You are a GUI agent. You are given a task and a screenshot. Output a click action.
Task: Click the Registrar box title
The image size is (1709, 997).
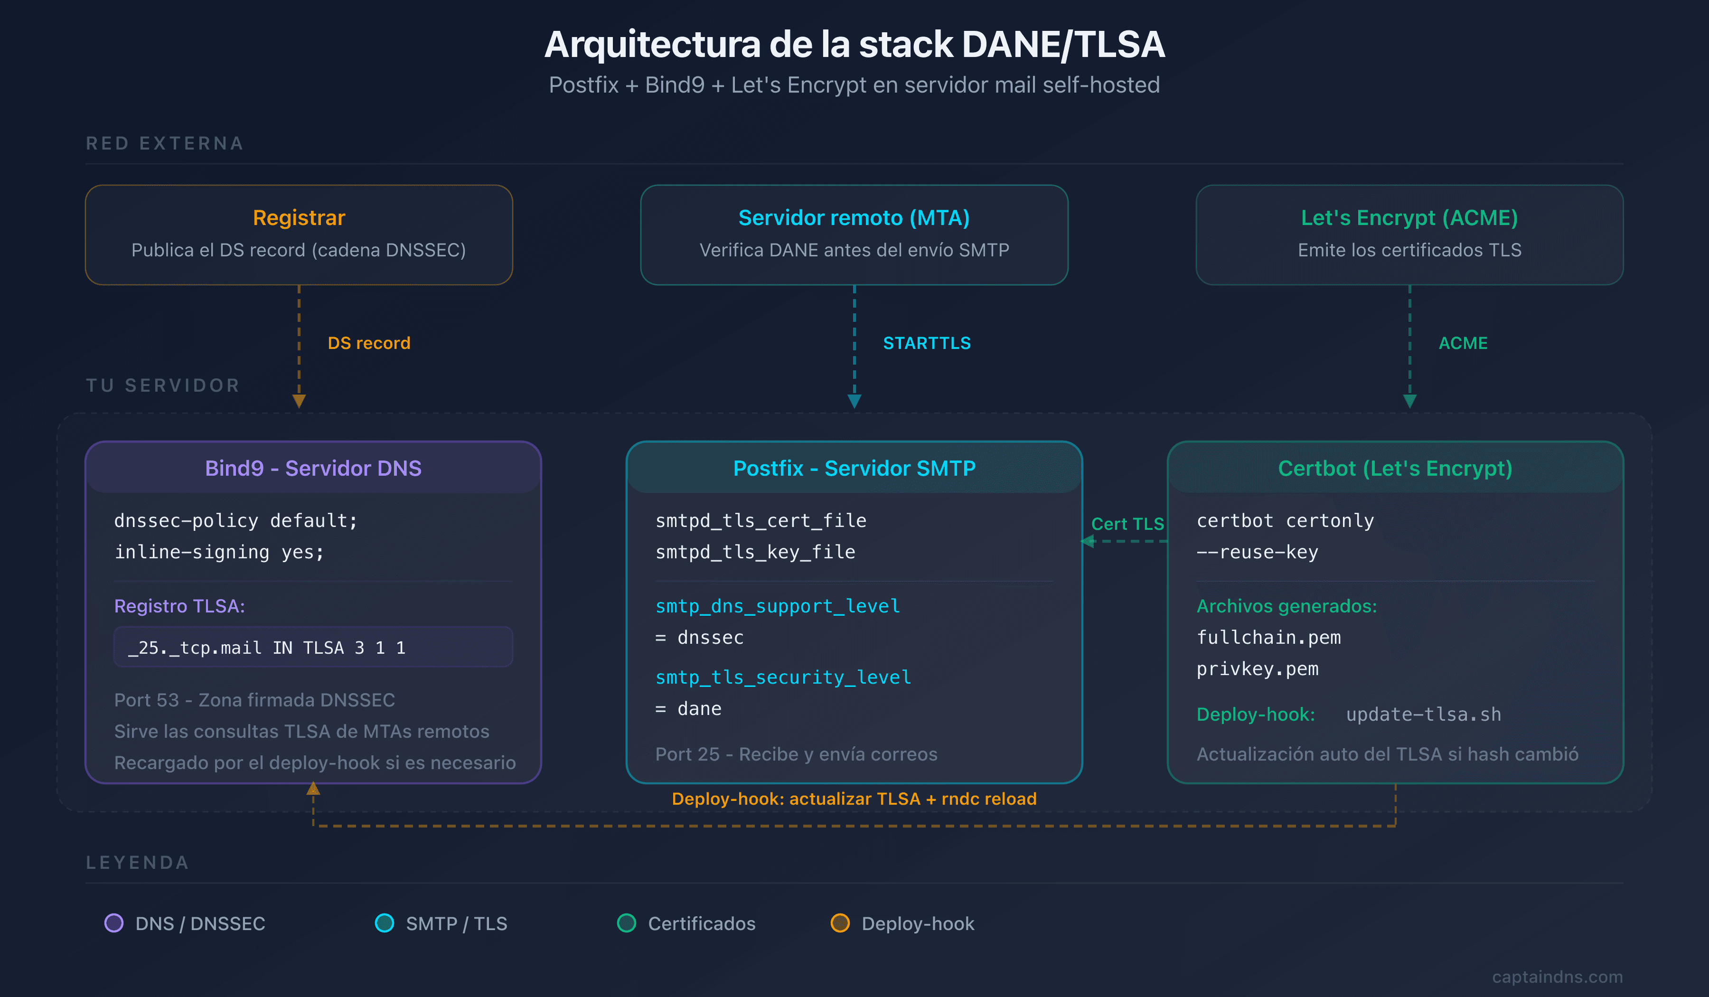(x=299, y=218)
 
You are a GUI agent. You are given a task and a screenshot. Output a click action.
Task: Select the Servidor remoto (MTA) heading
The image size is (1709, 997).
(x=854, y=218)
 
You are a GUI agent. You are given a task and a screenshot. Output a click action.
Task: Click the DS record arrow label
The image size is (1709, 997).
(x=368, y=343)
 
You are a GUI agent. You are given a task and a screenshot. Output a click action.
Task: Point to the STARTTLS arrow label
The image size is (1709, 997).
(x=926, y=343)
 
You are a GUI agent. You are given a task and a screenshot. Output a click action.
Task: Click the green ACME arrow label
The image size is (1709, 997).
(x=1463, y=343)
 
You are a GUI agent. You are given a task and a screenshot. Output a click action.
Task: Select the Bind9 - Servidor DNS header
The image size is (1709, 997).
(x=313, y=468)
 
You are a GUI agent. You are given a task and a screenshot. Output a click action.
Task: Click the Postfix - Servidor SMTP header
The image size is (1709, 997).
(x=854, y=468)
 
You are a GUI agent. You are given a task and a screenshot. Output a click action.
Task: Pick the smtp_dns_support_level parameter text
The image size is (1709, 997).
(x=777, y=606)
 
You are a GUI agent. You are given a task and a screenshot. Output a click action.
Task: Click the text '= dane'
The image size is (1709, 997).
(x=688, y=709)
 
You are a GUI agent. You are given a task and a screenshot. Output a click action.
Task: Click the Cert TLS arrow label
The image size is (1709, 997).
(x=1127, y=524)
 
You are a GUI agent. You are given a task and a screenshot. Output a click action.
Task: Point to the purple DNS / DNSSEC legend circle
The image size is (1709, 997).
(x=114, y=923)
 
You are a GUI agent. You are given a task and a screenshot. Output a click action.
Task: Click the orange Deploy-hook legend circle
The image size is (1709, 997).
(x=840, y=923)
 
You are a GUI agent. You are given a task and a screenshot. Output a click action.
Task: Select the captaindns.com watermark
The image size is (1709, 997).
(x=1557, y=977)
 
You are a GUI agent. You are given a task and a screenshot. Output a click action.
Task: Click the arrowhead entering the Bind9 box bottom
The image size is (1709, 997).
(x=313, y=789)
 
